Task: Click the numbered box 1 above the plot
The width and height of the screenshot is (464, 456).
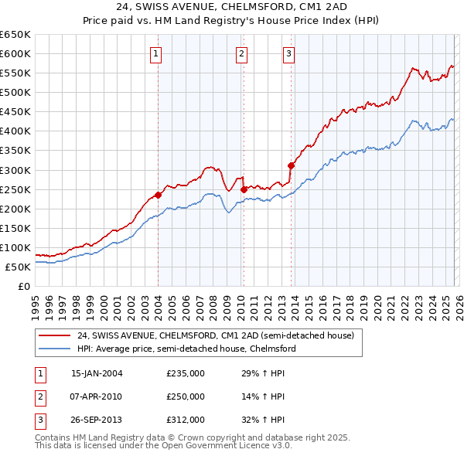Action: tap(157, 53)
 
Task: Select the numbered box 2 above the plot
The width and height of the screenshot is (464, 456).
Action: tap(241, 53)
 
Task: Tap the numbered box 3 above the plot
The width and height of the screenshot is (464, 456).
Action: tap(288, 53)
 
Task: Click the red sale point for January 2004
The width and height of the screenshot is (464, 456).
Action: tap(158, 195)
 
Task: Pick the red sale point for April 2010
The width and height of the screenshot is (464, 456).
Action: tap(244, 189)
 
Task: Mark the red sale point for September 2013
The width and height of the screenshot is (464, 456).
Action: tap(292, 165)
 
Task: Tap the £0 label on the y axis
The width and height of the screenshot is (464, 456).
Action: tap(23, 287)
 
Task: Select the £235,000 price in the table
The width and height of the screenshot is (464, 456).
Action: tap(186, 373)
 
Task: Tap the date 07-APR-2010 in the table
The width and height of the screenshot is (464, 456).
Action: tap(97, 396)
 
